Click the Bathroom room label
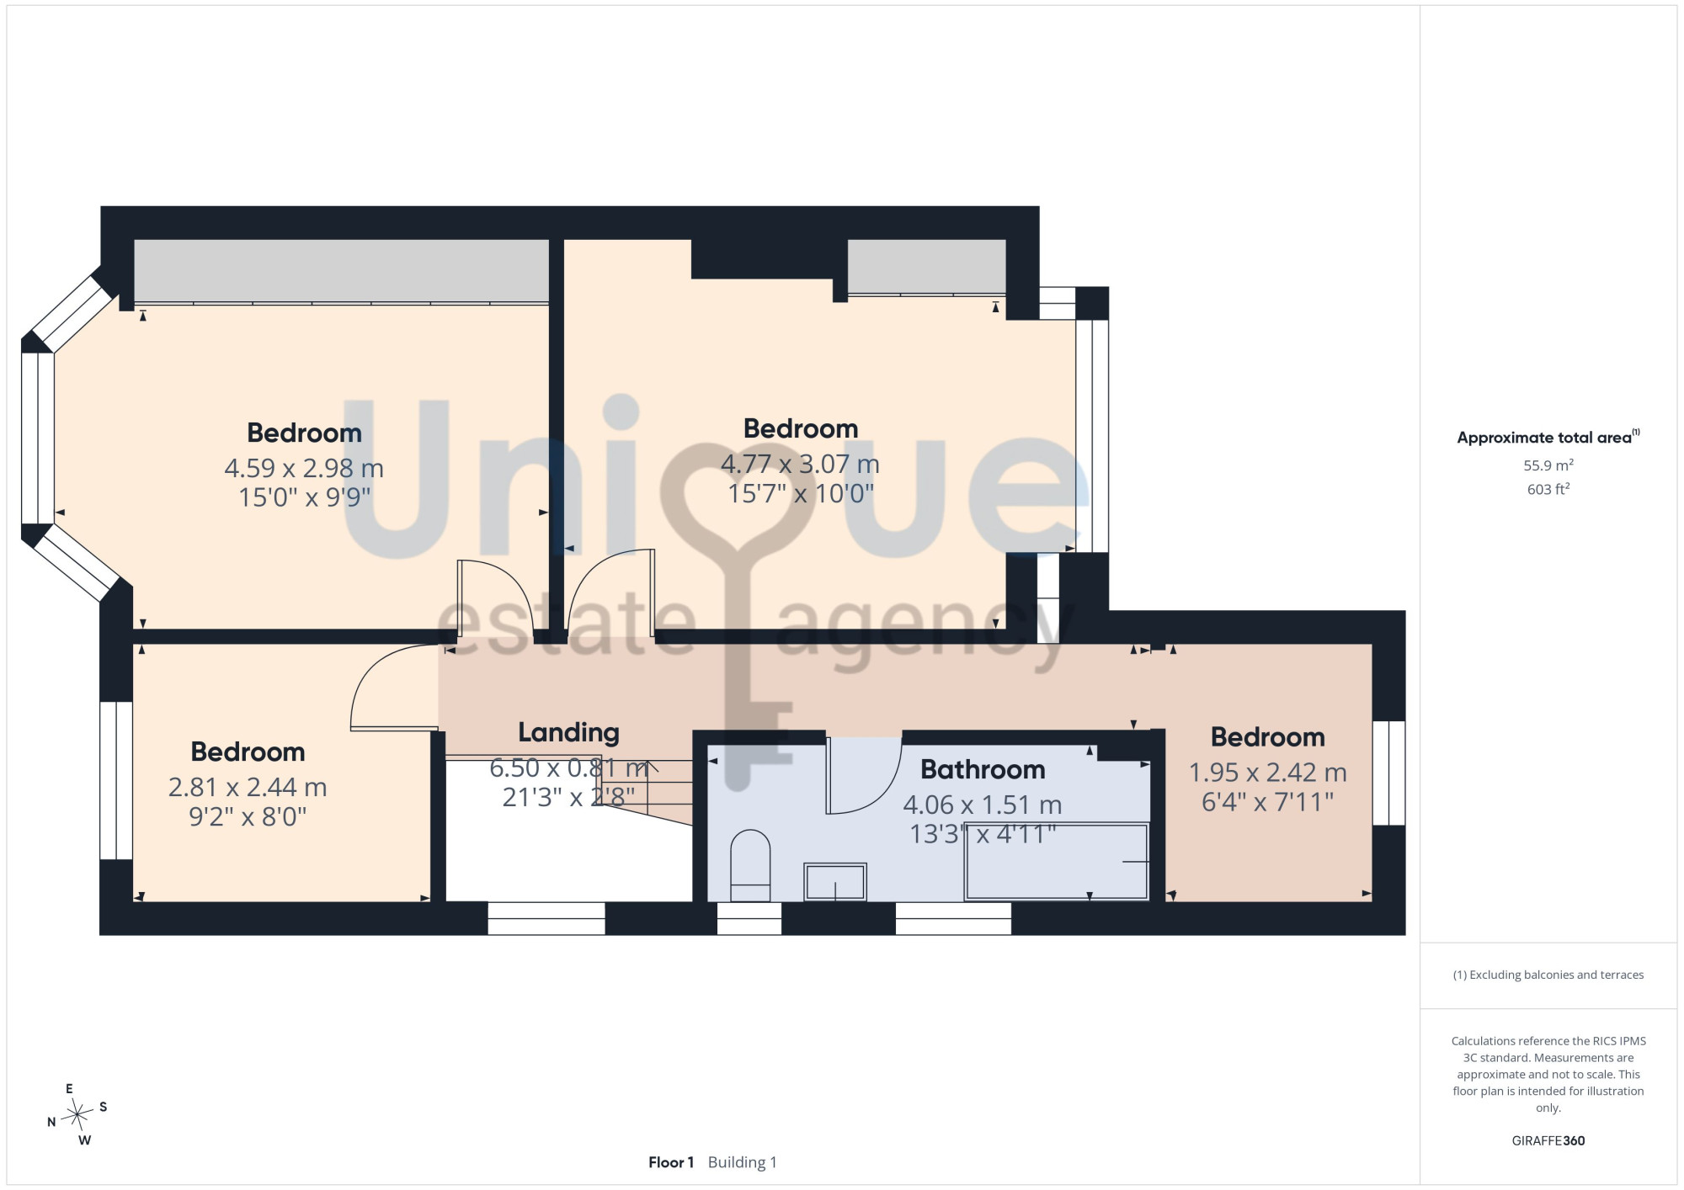[x=983, y=769]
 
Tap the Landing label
[x=568, y=733]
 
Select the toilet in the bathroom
[x=749, y=866]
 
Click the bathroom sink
[x=835, y=881]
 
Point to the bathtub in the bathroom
[x=1057, y=862]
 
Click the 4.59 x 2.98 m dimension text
[x=304, y=468]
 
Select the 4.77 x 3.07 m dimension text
[x=800, y=464]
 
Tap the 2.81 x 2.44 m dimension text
[x=248, y=787]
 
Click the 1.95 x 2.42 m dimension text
[x=1267, y=772]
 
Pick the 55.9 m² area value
[x=1548, y=465]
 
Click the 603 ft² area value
[x=1548, y=489]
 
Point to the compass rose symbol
[x=77, y=1115]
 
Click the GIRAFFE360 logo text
[x=1548, y=1141]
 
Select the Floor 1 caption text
[x=671, y=1162]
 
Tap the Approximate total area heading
[x=1548, y=437]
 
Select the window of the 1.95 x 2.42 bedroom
[x=1389, y=773]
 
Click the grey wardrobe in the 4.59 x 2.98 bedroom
[x=342, y=271]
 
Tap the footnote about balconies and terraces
[x=1548, y=975]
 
